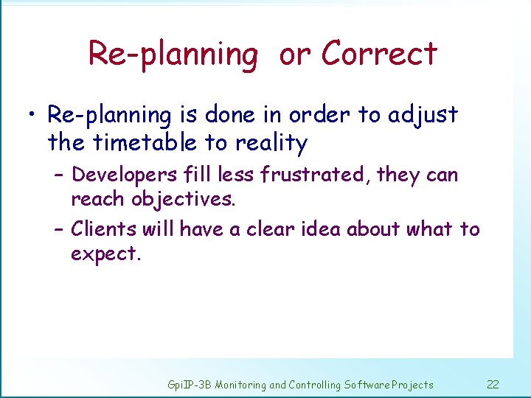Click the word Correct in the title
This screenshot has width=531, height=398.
[x=379, y=54]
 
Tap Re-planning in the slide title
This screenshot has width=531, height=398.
[x=173, y=55]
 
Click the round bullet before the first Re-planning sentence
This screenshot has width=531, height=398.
[x=31, y=116]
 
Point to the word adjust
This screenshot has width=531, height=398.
[x=423, y=116]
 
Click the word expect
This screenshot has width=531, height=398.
[x=105, y=254]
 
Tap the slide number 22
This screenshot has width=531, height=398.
[x=493, y=384]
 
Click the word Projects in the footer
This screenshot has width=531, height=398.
[x=413, y=384]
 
